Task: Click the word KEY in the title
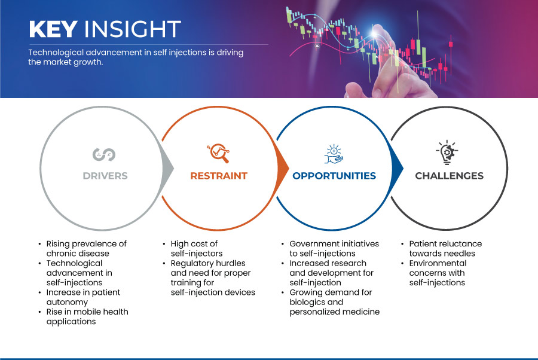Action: point(53,29)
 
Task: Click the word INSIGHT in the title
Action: point(133,29)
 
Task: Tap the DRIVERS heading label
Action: point(105,176)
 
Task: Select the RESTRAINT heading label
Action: point(219,176)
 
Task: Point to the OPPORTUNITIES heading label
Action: point(334,176)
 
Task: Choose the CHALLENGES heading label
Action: point(449,176)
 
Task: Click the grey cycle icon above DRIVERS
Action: point(104,154)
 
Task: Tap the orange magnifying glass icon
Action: point(218,153)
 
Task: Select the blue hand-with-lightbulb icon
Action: point(334,154)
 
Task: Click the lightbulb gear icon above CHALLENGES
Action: point(447,152)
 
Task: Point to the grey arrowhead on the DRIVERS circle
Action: point(168,168)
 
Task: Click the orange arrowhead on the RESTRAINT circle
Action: point(283,168)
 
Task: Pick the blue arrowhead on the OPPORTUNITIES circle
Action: point(398,168)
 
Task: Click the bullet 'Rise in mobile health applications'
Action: point(87,316)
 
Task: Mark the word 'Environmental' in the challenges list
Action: point(438,263)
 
